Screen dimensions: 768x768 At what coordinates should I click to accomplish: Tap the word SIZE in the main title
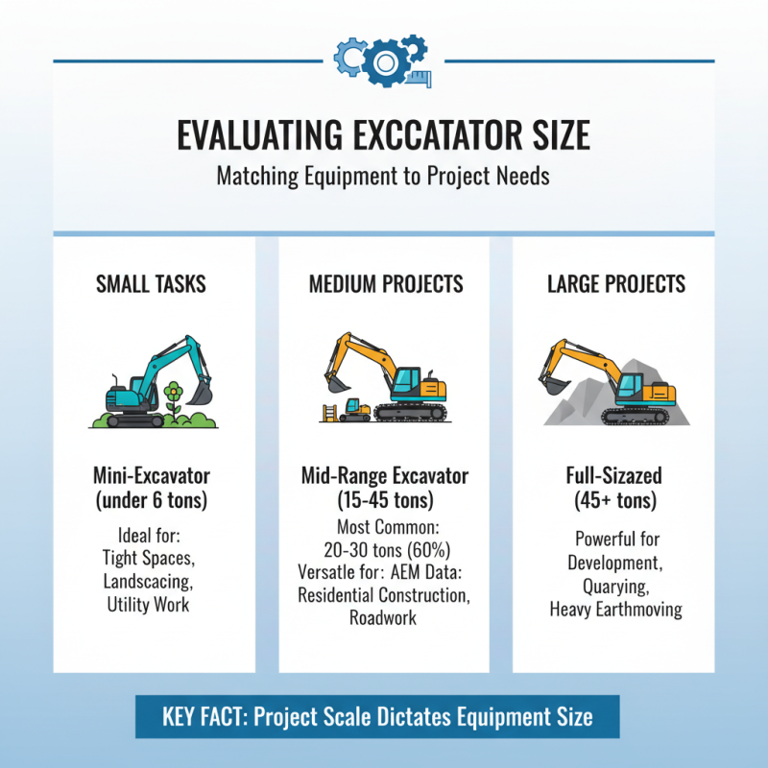pyautogui.click(x=554, y=135)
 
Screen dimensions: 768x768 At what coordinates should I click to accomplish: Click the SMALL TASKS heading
pyautogui.click(x=152, y=284)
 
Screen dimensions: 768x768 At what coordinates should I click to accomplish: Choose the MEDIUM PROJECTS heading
pyautogui.click(x=385, y=284)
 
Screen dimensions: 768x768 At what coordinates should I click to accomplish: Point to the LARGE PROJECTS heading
pyautogui.click(x=615, y=284)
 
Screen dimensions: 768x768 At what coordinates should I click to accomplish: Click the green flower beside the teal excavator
pyautogui.click(x=173, y=394)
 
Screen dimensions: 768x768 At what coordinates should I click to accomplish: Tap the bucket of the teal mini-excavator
pyautogui.click(x=200, y=392)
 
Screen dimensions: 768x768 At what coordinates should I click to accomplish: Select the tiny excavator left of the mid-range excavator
pyautogui.click(x=355, y=410)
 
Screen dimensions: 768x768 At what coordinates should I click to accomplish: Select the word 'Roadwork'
pyautogui.click(x=384, y=617)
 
